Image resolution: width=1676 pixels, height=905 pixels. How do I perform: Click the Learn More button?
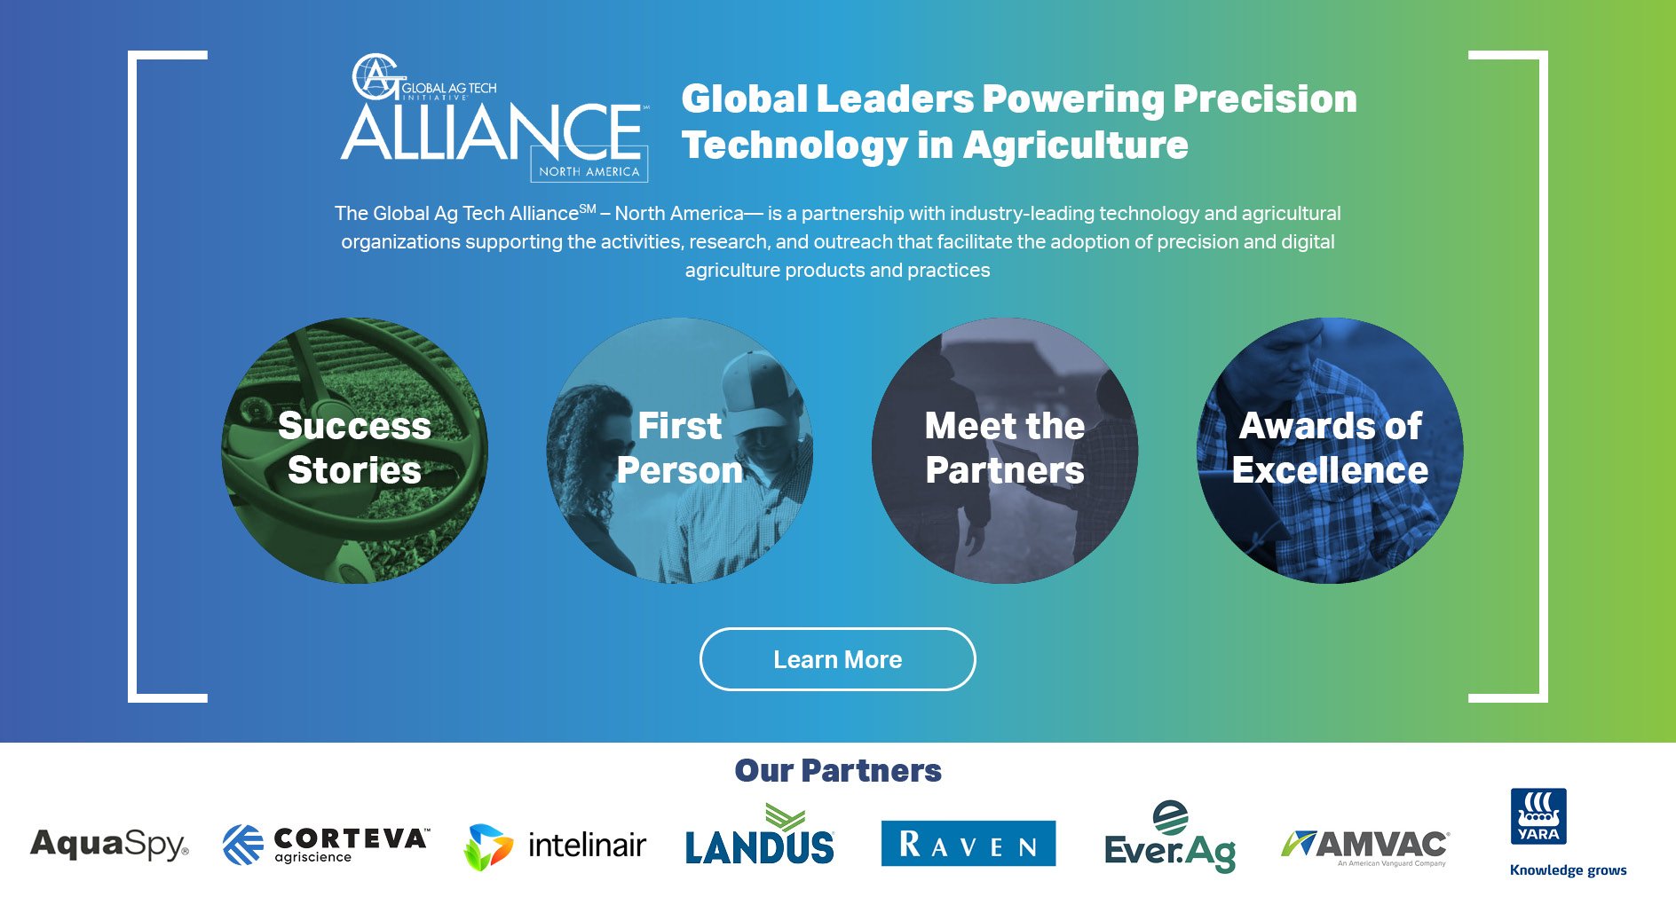point(837,659)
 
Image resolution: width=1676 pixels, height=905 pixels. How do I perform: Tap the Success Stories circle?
point(354,451)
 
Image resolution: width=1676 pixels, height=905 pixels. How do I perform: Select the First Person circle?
point(680,451)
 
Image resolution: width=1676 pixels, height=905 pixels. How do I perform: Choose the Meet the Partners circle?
point(1005,451)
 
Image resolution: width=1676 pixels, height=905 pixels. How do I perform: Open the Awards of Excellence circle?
point(1330,451)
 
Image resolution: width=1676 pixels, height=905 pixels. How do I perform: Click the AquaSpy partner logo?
point(109,844)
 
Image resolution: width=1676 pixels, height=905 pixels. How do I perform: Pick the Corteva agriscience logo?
point(326,844)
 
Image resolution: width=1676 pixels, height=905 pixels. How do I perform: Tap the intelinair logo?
point(555,846)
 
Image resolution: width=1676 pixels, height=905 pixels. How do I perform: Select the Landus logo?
point(760,835)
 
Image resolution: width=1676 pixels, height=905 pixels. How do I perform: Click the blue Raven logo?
point(968,843)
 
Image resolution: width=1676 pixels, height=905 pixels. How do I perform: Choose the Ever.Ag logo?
point(1170,837)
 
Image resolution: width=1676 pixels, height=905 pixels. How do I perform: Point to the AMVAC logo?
point(1365,847)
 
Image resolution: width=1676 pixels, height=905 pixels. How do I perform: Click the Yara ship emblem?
point(1538,815)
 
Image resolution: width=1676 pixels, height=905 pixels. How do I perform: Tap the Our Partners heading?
point(838,770)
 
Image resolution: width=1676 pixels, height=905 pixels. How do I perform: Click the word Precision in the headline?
point(1265,98)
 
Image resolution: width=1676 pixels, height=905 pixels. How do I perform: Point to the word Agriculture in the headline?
point(1076,145)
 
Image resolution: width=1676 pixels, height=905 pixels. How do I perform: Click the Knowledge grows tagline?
point(1568,870)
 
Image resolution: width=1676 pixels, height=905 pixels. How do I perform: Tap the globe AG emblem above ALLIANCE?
point(376,76)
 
